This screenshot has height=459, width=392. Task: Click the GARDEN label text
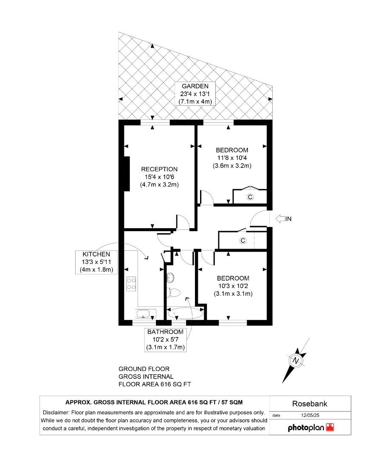pyautogui.click(x=196, y=86)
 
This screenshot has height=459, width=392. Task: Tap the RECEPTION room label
pyautogui.click(x=159, y=169)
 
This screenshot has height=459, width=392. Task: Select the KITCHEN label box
pyautogui.click(x=96, y=261)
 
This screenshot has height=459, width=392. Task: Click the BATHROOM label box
pyautogui.click(x=165, y=340)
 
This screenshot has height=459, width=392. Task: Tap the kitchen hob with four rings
pyautogui.click(x=131, y=283)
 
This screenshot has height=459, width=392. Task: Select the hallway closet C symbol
pyautogui.click(x=243, y=241)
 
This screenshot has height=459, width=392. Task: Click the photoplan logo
pyautogui.click(x=310, y=428)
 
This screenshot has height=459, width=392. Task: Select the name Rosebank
pyautogui.click(x=310, y=404)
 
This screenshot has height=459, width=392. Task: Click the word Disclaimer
pyautogui.click(x=57, y=413)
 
